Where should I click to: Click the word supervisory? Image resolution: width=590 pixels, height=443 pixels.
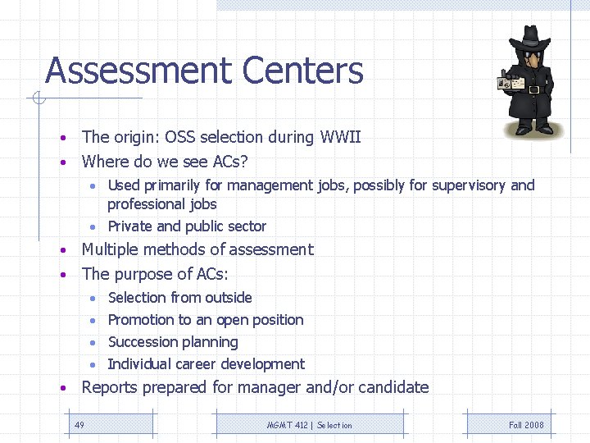(x=470, y=185)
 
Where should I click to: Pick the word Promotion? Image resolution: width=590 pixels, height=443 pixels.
(x=141, y=320)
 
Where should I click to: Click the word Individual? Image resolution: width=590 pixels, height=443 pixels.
(x=141, y=364)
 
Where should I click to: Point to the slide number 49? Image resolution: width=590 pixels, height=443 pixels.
(x=79, y=425)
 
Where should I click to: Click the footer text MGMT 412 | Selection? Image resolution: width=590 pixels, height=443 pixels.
(x=309, y=425)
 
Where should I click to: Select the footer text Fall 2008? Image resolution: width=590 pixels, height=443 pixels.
(x=526, y=425)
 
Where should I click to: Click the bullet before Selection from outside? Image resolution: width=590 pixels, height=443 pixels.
(x=95, y=298)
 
